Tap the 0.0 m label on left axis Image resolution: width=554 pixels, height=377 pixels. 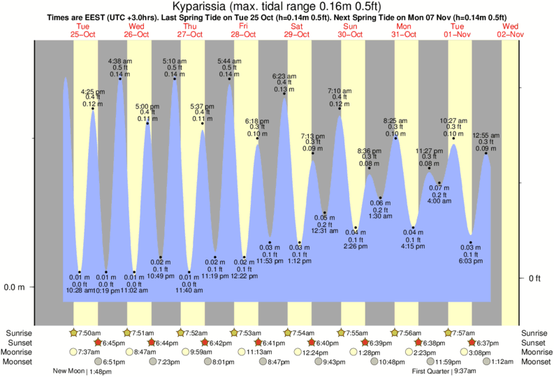tap(15, 287)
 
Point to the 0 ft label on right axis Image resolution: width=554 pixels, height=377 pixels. tap(534, 278)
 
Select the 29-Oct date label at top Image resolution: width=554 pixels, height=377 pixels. tap(297, 34)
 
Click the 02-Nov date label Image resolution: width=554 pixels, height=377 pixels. tap(512, 34)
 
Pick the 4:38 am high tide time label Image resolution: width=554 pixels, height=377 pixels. tap(119, 61)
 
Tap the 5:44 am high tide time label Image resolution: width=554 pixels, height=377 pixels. tap(229, 61)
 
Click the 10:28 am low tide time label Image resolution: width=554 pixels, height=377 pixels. tap(79, 290)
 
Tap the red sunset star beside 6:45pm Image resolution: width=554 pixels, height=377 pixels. tap(99, 343)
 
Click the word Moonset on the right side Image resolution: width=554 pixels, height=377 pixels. tap(536, 362)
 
